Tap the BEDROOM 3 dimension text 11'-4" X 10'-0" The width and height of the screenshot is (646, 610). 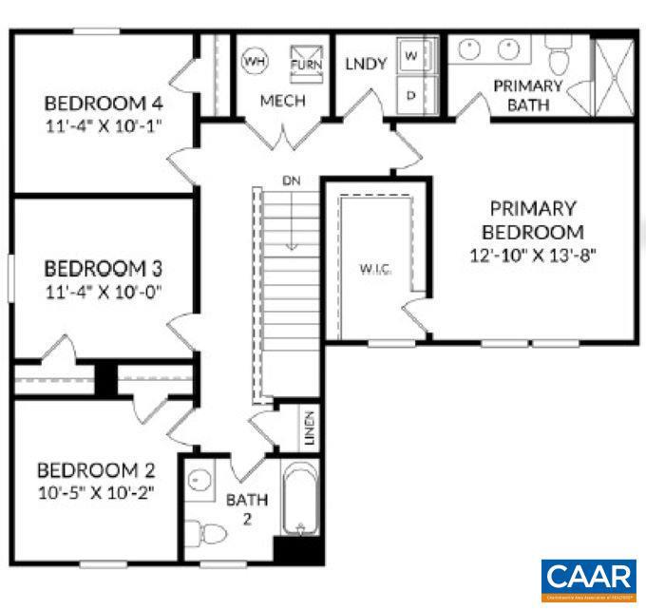pyautogui.click(x=104, y=291)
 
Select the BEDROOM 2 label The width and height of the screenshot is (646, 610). pyautogui.click(x=95, y=470)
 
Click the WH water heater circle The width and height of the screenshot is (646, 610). pyautogui.click(x=254, y=61)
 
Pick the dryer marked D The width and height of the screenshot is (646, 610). pyautogui.click(x=412, y=95)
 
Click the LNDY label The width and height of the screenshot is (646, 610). pyautogui.click(x=365, y=65)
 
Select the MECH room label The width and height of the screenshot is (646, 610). pyautogui.click(x=283, y=101)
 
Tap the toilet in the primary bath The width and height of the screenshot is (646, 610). pyautogui.click(x=558, y=55)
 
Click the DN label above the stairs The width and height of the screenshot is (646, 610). pyautogui.click(x=291, y=180)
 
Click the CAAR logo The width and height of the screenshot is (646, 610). pyautogui.click(x=589, y=577)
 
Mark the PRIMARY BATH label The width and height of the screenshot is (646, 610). pyautogui.click(x=527, y=95)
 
